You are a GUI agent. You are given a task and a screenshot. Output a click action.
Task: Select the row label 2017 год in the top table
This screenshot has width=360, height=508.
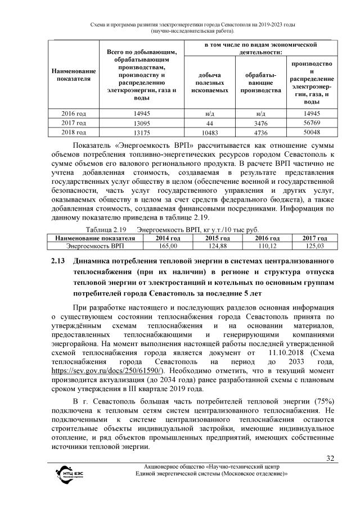(73, 123)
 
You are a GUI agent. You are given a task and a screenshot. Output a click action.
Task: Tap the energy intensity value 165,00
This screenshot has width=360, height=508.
(154, 246)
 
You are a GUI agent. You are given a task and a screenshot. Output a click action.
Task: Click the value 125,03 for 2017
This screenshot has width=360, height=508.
(312, 246)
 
